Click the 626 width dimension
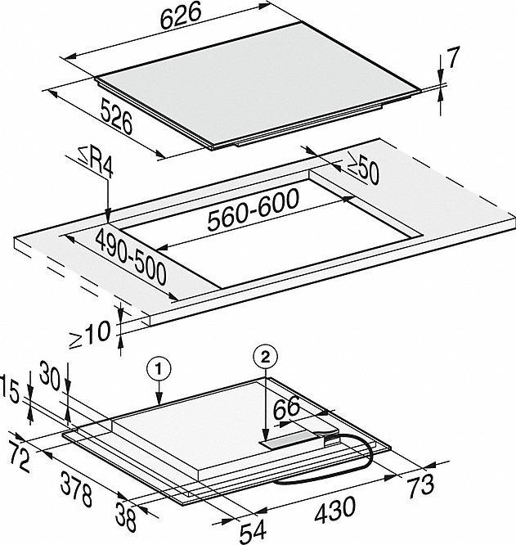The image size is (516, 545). point(181,16)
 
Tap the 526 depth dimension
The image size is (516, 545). point(117,116)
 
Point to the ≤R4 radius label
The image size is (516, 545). point(96,164)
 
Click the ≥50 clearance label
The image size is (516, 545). point(363,171)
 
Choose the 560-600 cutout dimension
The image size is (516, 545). point(254,209)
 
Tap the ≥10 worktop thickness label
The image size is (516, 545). point(90,335)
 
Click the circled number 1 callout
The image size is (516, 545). point(159,370)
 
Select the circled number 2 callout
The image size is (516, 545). point(266,357)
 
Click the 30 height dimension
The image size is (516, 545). point(50,376)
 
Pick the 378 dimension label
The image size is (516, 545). point(76,489)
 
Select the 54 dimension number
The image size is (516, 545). point(254,532)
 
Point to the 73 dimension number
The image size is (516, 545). point(421,485)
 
